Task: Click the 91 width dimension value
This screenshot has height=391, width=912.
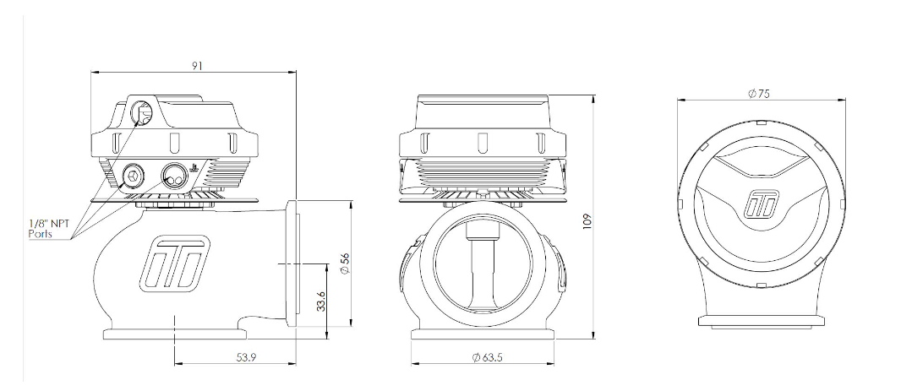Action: (196, 65)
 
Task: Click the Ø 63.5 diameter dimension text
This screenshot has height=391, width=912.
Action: (488, 358)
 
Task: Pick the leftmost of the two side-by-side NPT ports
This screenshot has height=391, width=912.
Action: (133, 176)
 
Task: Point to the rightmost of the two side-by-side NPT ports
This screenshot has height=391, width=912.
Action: (173, 176)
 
